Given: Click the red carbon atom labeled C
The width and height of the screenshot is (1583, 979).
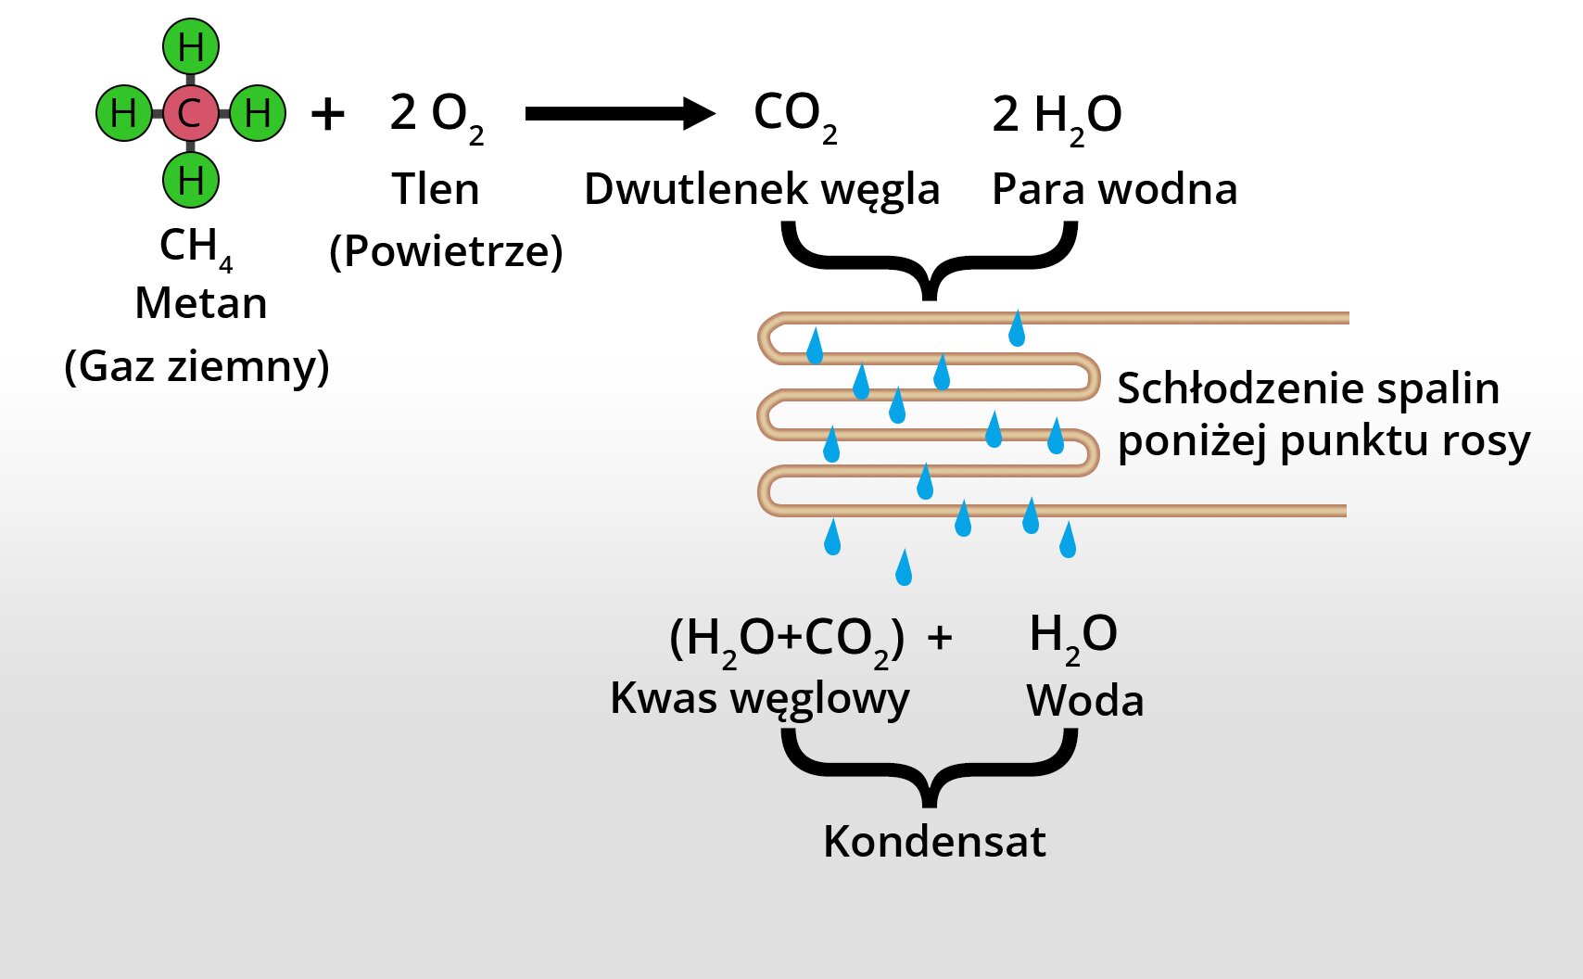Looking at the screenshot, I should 190,113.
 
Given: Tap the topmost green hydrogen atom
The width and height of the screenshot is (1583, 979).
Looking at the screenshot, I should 191,46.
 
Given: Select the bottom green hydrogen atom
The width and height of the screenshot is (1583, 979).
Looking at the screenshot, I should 191,180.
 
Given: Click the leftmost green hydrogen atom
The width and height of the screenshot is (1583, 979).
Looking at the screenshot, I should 123,113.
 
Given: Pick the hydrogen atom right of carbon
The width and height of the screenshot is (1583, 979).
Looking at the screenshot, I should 258,113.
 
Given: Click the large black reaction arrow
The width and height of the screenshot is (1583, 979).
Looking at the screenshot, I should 619,113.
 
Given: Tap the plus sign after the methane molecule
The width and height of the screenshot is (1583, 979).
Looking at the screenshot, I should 327,115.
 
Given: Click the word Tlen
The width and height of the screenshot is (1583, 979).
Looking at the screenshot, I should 435,189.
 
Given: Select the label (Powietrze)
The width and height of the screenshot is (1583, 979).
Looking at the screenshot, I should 446,251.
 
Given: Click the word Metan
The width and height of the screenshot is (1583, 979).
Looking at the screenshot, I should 201,303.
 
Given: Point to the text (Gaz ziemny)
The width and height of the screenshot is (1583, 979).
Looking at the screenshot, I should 196,366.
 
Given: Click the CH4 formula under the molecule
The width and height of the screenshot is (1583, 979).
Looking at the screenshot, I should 196,248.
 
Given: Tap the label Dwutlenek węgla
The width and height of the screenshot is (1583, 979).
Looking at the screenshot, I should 761,190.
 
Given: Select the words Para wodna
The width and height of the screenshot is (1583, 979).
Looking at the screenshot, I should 1114,189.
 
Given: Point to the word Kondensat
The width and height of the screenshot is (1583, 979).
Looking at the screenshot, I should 934,842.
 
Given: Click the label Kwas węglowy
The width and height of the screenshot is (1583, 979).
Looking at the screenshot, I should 760,699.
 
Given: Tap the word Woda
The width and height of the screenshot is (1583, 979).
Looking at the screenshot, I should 1084,701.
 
